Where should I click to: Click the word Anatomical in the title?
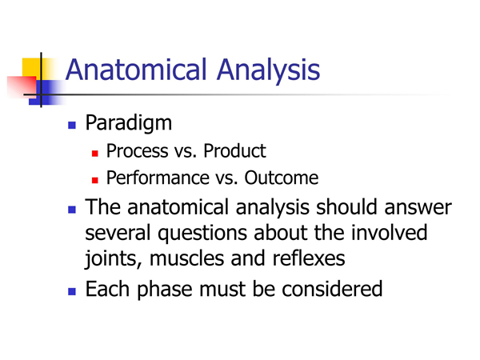click(136, 70)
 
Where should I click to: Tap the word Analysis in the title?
click(269, 71)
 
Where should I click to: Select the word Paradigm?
click(129, 123)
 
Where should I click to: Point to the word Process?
click(137, 151)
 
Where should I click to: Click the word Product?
click(234, 151)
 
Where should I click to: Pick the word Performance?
click(158, 178)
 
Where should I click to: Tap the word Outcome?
click(282, 178)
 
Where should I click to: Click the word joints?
click(114, 259)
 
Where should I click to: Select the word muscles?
click(186, 258)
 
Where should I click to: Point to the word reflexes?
click(309, 258)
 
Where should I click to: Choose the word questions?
click(202, 234)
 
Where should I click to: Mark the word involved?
click(389, 232)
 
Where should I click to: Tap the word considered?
click(332, 289)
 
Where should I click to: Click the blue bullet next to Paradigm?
click(72, 126)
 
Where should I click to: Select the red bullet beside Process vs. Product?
click(95, 153)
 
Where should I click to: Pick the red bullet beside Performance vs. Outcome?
click(95, 180)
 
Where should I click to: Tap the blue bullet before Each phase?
click(72, 291)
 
